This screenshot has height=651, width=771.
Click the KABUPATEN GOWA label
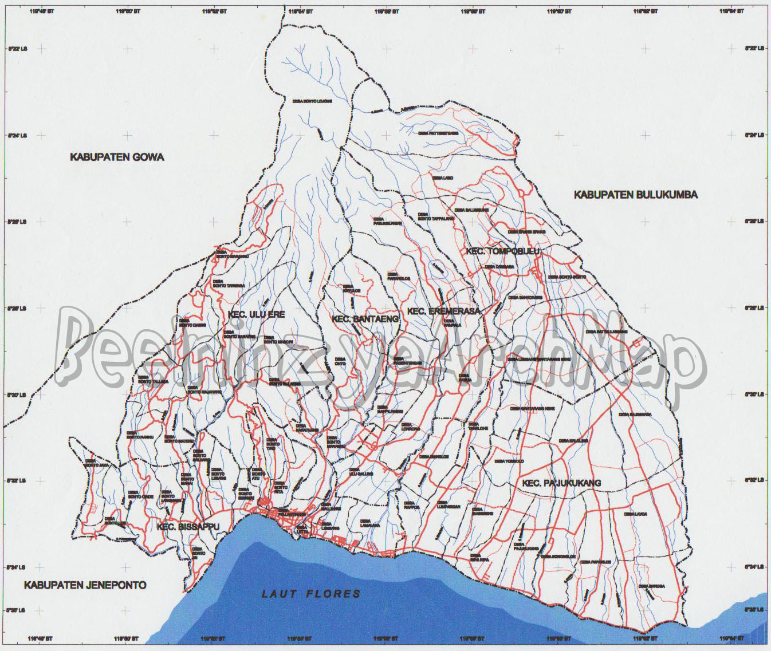117,157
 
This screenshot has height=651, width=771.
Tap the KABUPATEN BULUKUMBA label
635,195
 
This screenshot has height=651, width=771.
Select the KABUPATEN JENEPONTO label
85,585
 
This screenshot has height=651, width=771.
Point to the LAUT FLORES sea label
312,594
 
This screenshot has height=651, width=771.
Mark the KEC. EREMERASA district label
443,311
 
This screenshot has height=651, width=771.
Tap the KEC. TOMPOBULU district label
503,251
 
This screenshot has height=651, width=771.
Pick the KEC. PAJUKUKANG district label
561,483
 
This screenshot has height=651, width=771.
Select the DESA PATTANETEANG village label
438,133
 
